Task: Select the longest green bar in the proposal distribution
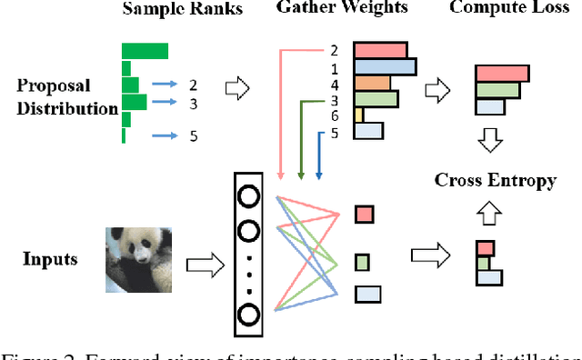pos(145,51)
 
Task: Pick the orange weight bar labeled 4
pos(371,83)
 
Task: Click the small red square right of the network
pos(363,214)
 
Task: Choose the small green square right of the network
pos(362,263)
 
